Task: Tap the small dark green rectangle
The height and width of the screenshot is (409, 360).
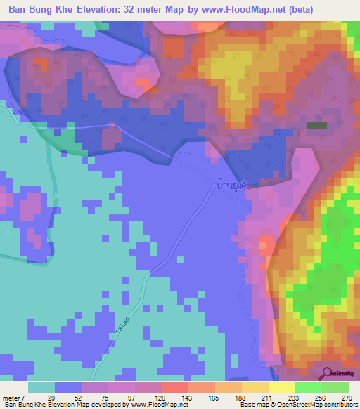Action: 316,125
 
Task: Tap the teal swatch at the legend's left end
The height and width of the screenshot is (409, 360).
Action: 41,387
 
